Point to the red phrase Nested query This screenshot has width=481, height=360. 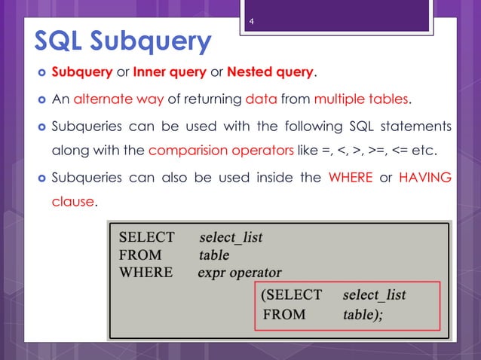point(269,73)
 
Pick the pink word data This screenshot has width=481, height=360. point(261,99)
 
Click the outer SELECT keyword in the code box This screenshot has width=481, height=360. point(146,237)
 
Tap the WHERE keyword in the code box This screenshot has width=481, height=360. point(146,272)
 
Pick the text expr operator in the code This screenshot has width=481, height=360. point(240,273)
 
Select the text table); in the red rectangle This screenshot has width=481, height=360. point(363,315)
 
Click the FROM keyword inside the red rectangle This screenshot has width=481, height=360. point(285,315)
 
